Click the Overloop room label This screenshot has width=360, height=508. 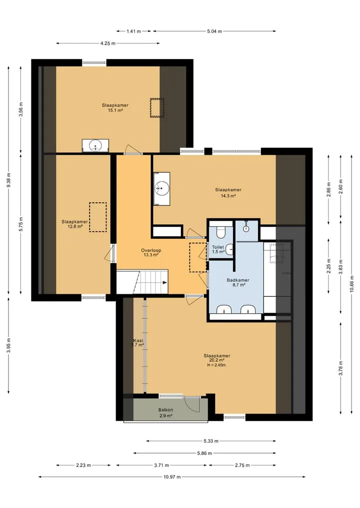[151, 250]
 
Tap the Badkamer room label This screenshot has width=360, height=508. [238, 280]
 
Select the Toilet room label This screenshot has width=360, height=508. [218, 247]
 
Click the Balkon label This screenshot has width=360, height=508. [165, 410]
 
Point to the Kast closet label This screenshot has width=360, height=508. [138, 341]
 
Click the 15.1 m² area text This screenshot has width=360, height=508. [115, 110]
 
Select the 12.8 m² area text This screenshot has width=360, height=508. [75, 226]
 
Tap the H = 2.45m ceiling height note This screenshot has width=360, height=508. [216, 365]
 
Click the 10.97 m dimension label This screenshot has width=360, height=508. [172, 477]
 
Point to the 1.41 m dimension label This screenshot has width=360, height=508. [133, 31]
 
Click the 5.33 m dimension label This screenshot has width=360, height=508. [211, 441]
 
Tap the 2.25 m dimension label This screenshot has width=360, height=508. [328, 267]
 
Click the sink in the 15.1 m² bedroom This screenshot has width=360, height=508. [95, 145]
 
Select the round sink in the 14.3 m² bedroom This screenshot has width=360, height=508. [161, 187]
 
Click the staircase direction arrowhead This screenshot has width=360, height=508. [165, 283]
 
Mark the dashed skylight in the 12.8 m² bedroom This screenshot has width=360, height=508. [98, 217]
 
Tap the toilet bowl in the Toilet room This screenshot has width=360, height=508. [221, 232]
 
